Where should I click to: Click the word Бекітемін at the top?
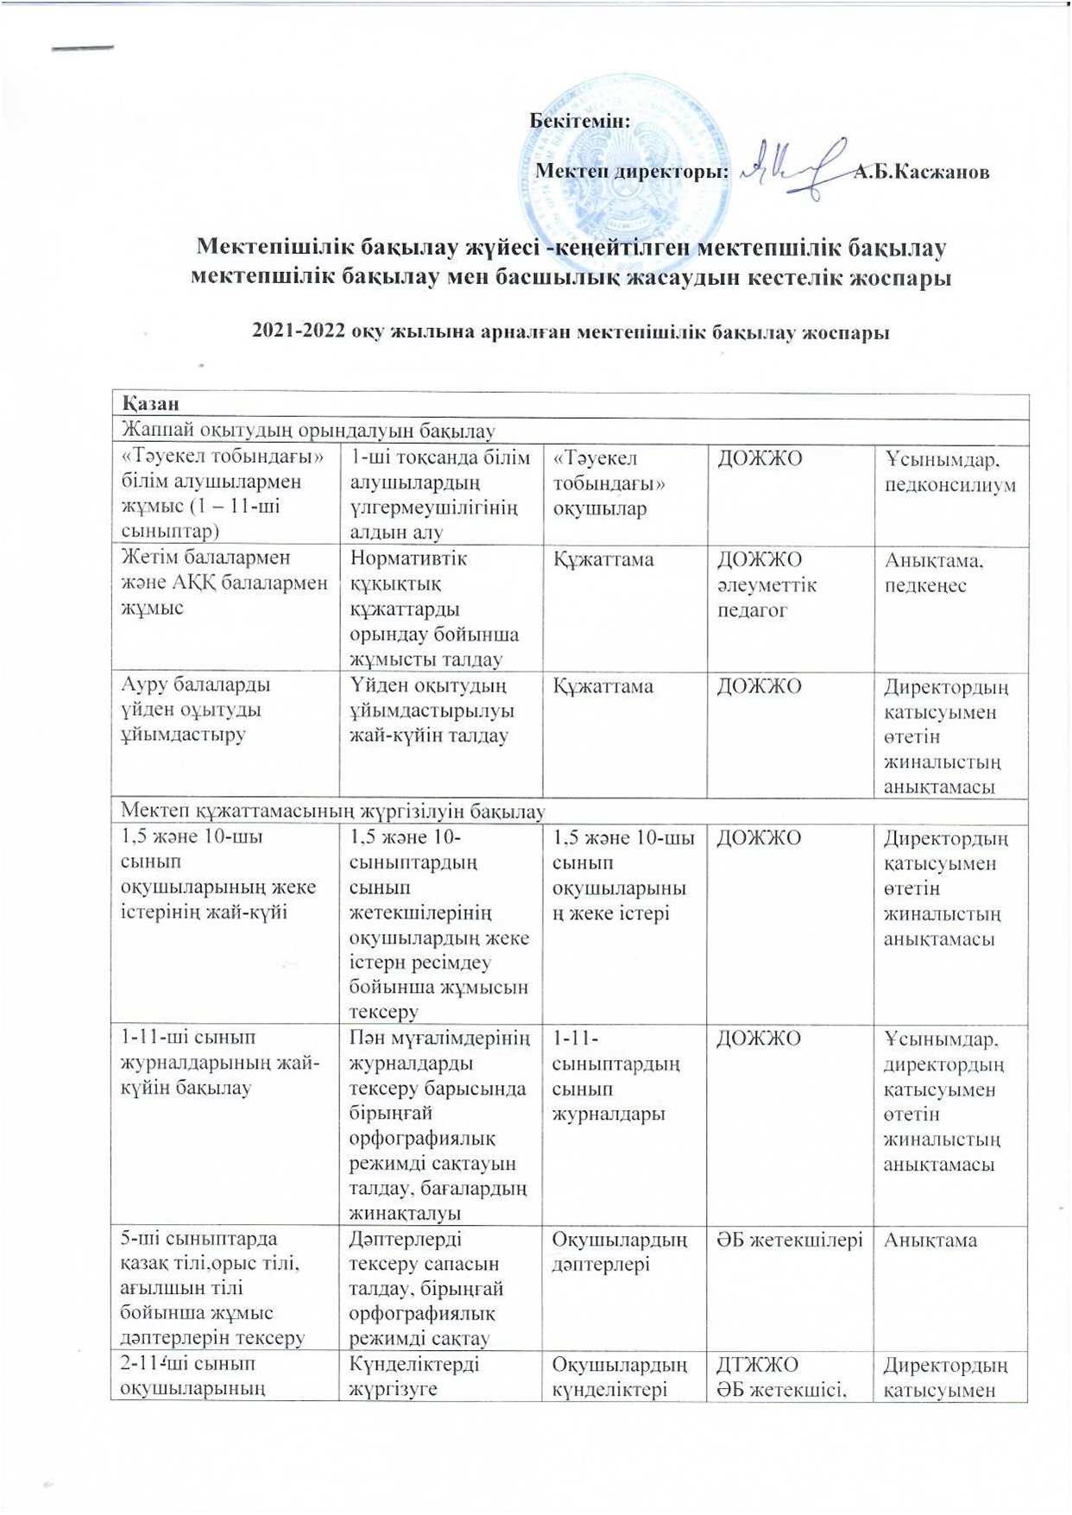581,121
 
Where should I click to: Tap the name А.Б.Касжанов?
921,172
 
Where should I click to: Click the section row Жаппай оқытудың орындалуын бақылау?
308,429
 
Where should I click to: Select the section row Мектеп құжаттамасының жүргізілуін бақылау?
332,811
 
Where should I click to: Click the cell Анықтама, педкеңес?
934,572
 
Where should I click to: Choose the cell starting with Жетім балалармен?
224,583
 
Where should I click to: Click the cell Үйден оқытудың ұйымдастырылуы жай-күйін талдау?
432,710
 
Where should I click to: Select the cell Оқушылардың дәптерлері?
620,1252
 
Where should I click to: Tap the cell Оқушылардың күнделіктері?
620,1376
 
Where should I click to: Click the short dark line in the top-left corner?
83,47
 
